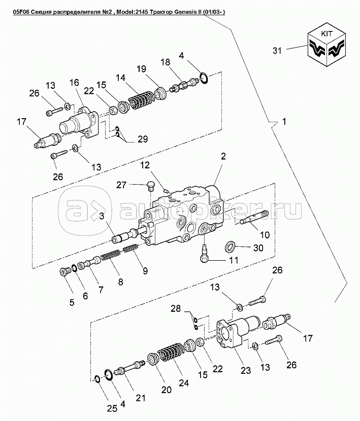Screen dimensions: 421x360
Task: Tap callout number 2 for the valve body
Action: coord(222,158)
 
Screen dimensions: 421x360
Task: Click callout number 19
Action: coord(141,68)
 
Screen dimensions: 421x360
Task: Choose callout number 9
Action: coord(145,271)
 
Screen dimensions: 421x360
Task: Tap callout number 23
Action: coord(245,371)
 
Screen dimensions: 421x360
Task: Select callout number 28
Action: coord(176,308)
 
